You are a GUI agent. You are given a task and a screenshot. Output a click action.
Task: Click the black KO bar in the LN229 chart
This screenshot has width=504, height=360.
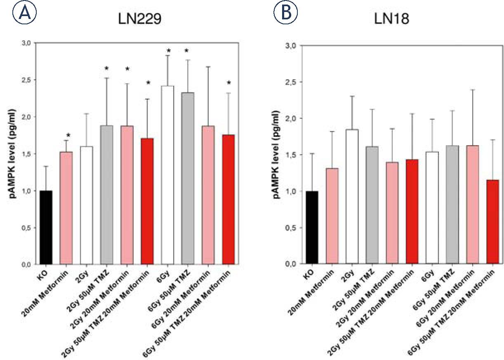click(x=46, y=227)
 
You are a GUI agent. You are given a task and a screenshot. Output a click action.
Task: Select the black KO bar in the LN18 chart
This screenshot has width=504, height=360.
click(x=312, y=227)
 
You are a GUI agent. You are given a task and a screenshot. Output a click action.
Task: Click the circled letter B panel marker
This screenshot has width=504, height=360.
click(x=286, y=13)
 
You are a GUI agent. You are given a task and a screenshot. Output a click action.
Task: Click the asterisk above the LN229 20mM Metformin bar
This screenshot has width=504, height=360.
click(x=68, y=135)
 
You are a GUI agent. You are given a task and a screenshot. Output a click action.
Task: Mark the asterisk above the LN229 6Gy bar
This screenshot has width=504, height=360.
click(x=168, y=51)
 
